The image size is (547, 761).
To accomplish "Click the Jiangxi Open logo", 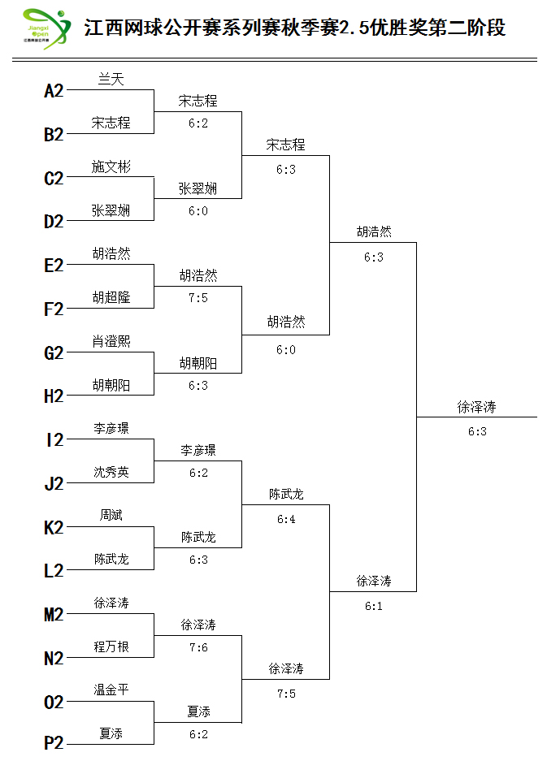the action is tap(46, 28).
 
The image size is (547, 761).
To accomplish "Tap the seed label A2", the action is tap(54, 91).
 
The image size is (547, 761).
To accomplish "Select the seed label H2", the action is tap(54, 396).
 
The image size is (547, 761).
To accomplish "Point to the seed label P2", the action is tap(54, 743).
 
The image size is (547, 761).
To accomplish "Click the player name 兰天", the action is tap(111, 79).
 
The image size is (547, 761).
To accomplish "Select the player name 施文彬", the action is tap(111, 166).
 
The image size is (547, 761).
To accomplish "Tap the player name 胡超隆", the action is tap(111, 297).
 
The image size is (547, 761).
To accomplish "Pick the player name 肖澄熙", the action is tap(111, 341).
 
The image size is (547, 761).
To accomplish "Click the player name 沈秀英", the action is tap(111, 472).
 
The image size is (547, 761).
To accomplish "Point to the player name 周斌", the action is tap(111, 515).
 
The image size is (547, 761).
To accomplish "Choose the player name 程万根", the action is tap(111, 646).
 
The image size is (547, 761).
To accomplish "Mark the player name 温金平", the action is tap(111, 690).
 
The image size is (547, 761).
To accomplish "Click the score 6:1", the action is tap(374, 606).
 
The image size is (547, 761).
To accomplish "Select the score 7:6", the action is tap(198, 647).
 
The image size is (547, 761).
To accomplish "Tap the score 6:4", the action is tap(286, 519).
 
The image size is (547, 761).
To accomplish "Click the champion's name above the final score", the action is tap(476, 407).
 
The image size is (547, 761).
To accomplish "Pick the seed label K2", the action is tap(54, 528).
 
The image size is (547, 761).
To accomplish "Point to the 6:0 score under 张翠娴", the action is tap(198, 211).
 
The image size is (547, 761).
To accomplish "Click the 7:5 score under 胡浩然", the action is tap(198, 298).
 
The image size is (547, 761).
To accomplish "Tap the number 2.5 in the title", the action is tap(354, 28).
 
